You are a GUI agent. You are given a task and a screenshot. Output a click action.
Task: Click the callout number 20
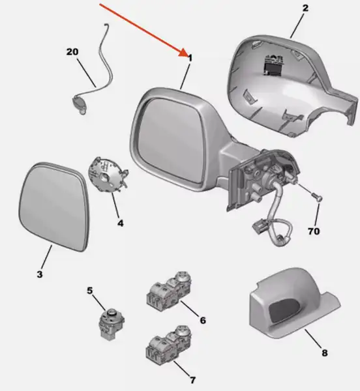pyautogui.click(x=72, y=52)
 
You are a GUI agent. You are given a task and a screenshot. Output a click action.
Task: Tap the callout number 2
pyautogui.click(x=305, y=8)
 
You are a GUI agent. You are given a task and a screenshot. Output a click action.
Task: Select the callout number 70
pyautogui.click(x=314, y=231)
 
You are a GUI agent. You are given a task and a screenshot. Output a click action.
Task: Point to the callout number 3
pyautogui.click(x=40, y=274)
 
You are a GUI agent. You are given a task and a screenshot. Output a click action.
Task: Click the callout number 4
pyautogui.click(x=121, y=223)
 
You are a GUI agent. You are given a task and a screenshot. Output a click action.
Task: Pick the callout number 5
pyautogui.click(x=90, y=291)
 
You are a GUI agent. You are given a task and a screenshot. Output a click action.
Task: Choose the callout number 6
pyautogui.click(x=203, y=320)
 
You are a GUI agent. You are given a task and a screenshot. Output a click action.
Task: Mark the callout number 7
pyautogui.click(x=192, y=380)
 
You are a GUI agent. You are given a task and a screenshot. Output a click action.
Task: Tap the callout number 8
pyautogui.click(x=324, y=353)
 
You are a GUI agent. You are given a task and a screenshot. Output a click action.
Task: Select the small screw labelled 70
pyautogui.click(x=316, y=197)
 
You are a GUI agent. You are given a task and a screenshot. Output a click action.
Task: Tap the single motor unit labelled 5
pyautogui.click(x=111, y=324)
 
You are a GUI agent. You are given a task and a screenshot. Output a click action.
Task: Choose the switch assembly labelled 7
pyautogui.click(x=169, y=346)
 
